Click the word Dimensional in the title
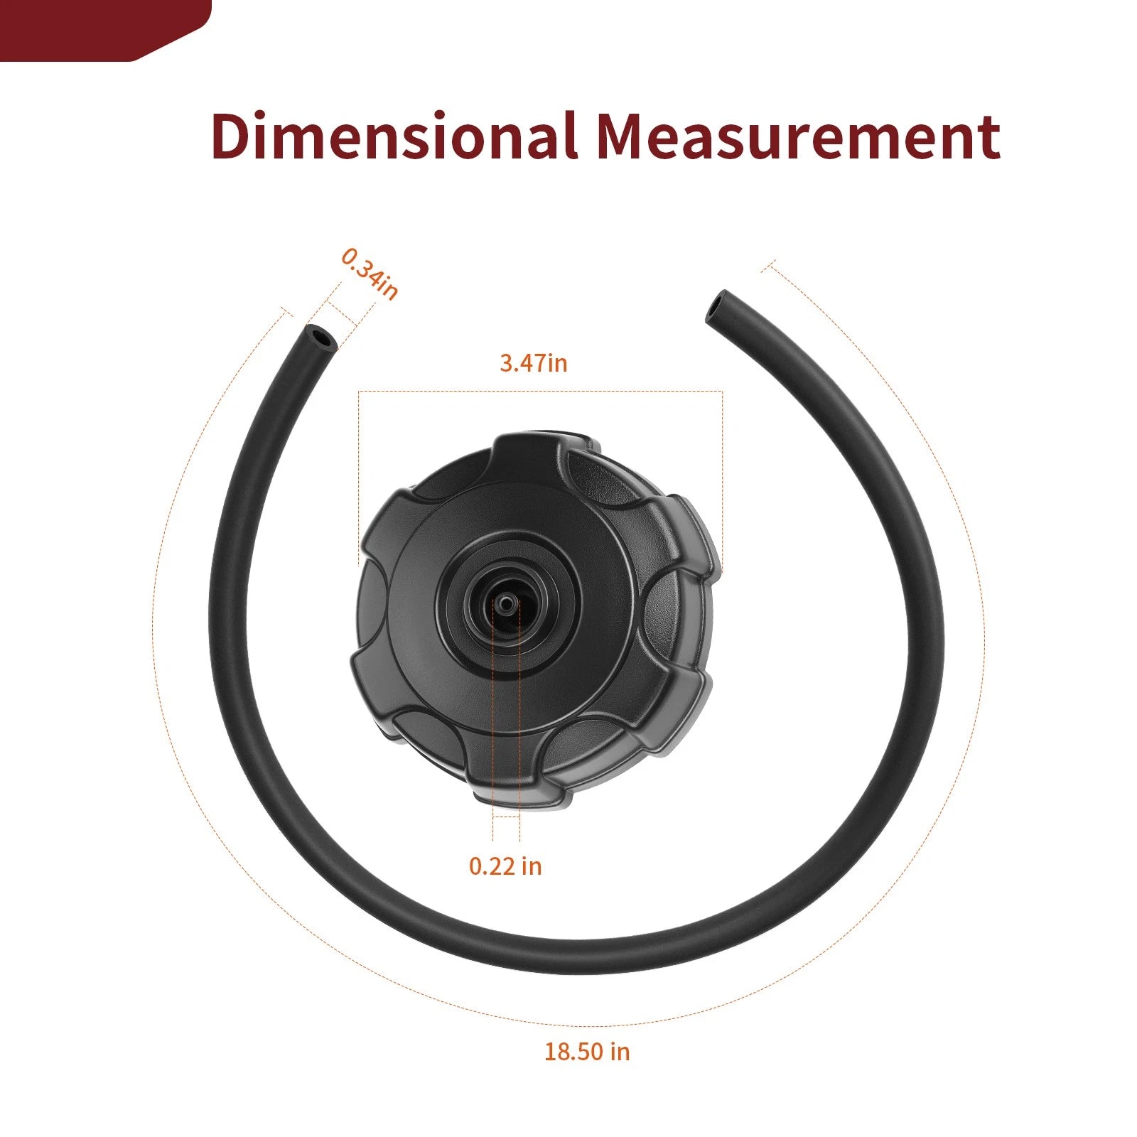(394, 136)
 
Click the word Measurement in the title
(798, 136)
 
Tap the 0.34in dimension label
(370, 274)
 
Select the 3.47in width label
(534, 363)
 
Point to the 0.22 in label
(505, 866)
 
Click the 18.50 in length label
(587, 1052)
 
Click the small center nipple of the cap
(505, 603)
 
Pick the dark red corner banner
(105, 31)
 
